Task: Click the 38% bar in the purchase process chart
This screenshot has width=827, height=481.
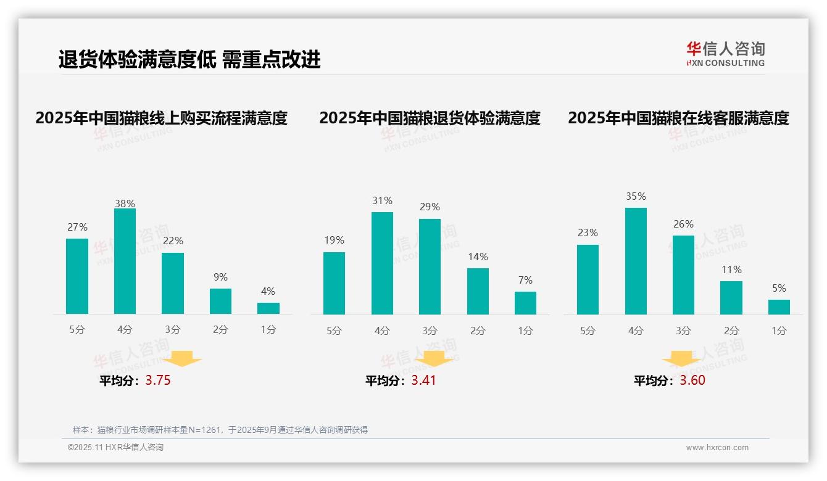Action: click(125, 261)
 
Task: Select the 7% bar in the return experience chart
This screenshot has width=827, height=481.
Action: click(525, 303)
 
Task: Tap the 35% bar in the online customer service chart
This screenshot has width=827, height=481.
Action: click(636, 261)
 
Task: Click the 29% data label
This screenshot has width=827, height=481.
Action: click(430, 207)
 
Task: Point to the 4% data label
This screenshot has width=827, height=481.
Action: click(268, 291)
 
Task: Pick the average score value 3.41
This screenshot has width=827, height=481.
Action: click(424, 380)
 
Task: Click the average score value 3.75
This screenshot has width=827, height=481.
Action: click(158, 380)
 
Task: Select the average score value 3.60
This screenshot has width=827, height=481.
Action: click(692, 380)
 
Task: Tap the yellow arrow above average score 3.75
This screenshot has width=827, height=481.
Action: click(182, 358)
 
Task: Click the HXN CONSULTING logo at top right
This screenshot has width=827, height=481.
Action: click(725, 54)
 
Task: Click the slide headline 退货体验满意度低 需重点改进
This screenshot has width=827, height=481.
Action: click(189, 60)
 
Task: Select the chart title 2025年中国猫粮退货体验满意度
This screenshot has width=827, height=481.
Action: click(430, 118)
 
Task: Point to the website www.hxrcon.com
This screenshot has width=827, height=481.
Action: click(717, 448)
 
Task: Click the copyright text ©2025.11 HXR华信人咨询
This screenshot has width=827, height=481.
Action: click(115, 448)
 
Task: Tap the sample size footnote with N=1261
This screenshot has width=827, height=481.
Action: click(220, 430)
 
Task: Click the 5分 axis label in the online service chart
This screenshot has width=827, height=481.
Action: click(588, 331)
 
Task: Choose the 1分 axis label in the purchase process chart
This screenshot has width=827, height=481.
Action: click(268, 329)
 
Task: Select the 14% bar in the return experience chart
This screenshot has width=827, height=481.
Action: click(478, 291)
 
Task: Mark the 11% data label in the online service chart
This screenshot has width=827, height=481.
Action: click(731, 269)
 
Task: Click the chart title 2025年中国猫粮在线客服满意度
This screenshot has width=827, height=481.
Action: click(678, 118)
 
